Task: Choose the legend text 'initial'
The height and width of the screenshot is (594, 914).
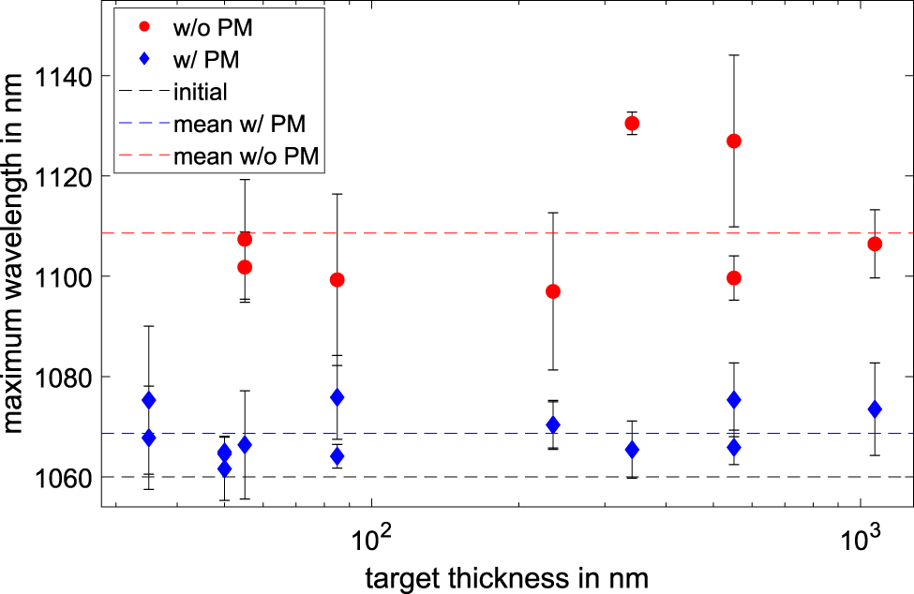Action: [x=201, y=92]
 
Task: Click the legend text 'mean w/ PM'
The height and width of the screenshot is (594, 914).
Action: [x=242, y=124]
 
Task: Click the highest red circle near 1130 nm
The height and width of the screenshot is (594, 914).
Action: [x=632, y=124]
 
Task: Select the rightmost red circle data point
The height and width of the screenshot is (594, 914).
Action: [x=875, y=244]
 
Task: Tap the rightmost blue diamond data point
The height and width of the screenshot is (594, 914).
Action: [x=875, y=409]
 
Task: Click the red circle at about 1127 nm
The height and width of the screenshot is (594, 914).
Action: [x=734, y=141]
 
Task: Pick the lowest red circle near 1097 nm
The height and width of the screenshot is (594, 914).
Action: [x=553, y=291]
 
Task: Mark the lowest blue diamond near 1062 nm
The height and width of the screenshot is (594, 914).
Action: [x=224, y=468]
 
